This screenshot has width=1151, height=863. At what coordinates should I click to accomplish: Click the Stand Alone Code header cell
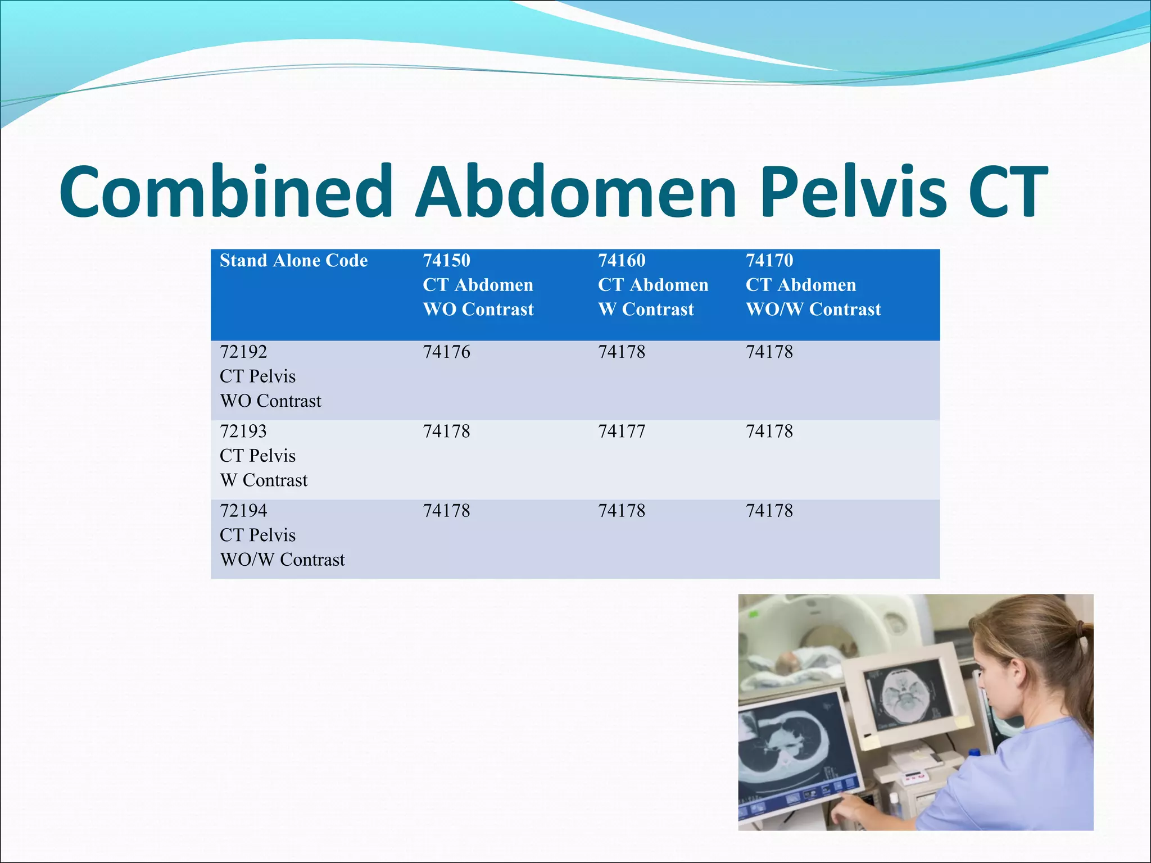[293, 261]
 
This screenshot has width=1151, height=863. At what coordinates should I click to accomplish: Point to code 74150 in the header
[446, 261]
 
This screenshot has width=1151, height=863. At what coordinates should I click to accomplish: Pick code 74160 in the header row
[622, 261]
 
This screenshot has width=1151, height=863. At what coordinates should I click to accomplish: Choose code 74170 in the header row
[769, 261]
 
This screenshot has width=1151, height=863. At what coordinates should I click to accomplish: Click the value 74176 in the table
[446, 352]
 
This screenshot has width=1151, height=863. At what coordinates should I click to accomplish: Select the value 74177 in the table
[622, 431]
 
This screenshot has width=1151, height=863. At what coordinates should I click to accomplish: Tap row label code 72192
[243, 352]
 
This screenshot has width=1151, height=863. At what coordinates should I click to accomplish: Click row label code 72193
[243, 431]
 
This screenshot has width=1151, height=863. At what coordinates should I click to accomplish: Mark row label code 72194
[243, 511]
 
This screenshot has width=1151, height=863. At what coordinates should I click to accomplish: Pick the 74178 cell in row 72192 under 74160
[622, 352]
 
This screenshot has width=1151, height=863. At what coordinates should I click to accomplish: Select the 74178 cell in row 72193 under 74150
[446, 431]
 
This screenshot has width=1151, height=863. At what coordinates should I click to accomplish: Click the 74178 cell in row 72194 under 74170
[769, 511]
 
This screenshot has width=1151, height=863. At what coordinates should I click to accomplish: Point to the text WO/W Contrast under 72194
[282, 560]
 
